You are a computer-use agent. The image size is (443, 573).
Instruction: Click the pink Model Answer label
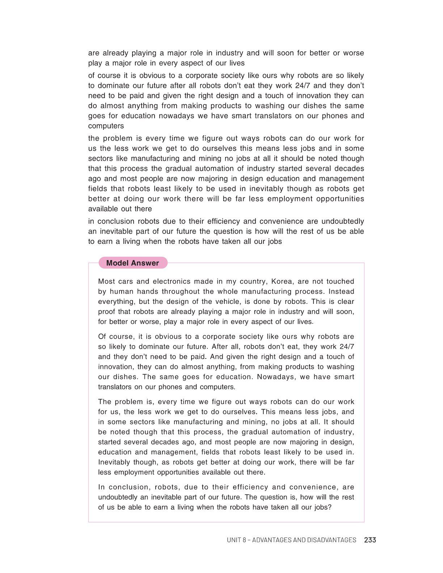(132, 263)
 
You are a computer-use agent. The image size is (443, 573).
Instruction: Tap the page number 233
(370, 540)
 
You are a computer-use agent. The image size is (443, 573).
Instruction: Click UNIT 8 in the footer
(237, 540)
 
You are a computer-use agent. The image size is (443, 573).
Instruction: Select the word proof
(108, 312)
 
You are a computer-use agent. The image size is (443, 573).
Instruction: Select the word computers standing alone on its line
(106, 126)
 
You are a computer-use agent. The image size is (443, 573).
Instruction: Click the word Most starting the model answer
(106, 281)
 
